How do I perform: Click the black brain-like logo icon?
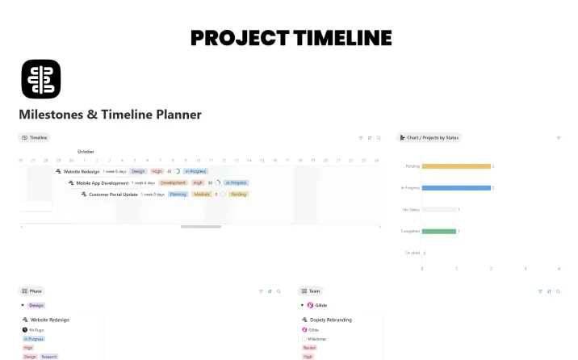(x=40, y=79)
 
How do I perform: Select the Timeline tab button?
(x=35, y=138)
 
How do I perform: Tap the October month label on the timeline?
(x=86, y=151)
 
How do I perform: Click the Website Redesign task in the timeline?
(x=82, y=171)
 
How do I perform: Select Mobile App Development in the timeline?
(x=103, y=182)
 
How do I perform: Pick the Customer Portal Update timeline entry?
(x=113, y=195)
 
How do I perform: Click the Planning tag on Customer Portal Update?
(x=178, y=195)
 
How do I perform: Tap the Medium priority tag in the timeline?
(x=202, y=195)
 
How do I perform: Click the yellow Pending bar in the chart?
(x=456, y=166)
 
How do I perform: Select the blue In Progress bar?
(x=456, y=188)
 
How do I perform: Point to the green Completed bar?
(x=439, y=232)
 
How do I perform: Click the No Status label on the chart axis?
(x=411, y=210)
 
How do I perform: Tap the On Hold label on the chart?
(x=412, y=253)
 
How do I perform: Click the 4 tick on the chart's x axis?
(x=559, y=269)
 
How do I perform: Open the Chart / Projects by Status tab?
(x=430, y=138)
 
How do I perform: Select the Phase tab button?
(x=32, y=291)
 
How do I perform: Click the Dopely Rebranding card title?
(x=332, y=320)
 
